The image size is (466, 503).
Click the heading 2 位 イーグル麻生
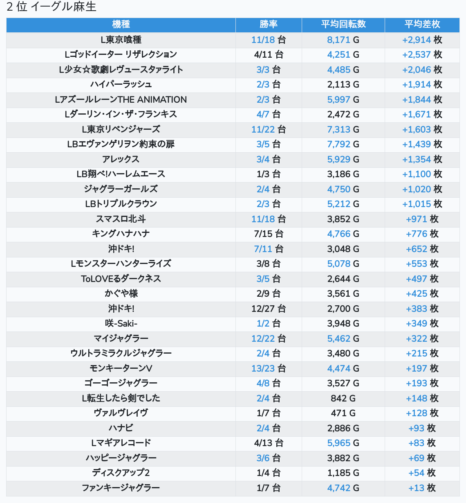pyautogui.click(x=52, y=7)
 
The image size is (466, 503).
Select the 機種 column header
pyautogui.click(x=121, y=24)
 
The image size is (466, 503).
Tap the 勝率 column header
pyautogui.click(x=269, y=24)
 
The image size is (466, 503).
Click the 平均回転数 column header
pyautogui.click(x=343, y=24)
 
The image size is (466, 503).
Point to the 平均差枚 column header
pyautogui.click(x=422, y=24)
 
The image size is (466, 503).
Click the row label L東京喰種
pyautogui.click(x=121, y=40)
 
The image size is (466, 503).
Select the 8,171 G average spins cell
pyautogui.click(x=343, y=40)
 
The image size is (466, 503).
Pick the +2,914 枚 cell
pyautogui.click(x=422, y=40)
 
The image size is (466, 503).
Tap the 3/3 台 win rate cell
pyautogui.click(x=269, y=70)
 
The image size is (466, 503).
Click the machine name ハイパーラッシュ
pyautogui.click(x=121, y=84)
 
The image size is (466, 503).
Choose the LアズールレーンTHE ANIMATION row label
pyautogui.click(x=121, y=99)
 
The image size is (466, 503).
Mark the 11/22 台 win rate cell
pyautogui.click(x=269, y=129)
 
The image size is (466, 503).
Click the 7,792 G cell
pyautogui.click(x=343, y=144)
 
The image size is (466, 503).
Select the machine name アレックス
pyautogui.click(x=121, y=159)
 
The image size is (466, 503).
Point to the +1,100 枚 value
pyautogui.click(x=422, y=174)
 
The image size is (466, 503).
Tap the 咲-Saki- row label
pyautogui.click(x=121, y=323)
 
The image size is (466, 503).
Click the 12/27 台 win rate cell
pyautogui.click(x=269, y=309)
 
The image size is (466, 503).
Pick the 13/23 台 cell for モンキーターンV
pyautogui.click(x=269, y=368)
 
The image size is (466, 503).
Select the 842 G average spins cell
pyautogui.click(x=343, y=398)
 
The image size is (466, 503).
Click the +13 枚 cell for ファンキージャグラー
pyautogui.click(x=422, y=488)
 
